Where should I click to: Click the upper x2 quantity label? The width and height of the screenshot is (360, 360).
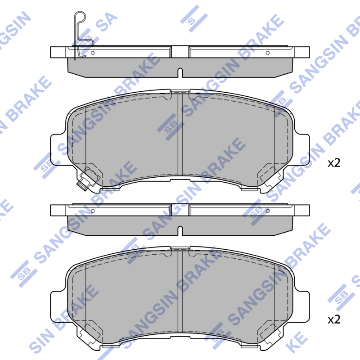point(334,163)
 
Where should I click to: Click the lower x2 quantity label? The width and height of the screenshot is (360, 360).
point(334,319)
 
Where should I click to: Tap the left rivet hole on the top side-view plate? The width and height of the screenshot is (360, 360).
point(93,53)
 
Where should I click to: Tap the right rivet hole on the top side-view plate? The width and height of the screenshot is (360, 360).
point(267,53)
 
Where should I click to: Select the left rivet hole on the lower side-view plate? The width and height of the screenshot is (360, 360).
point(93,211)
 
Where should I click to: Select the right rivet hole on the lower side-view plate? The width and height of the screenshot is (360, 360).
point(267,211)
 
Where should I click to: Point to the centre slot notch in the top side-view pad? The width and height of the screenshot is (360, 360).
point(180,73)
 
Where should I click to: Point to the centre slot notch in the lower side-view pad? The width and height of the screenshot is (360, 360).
point(180,231)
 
